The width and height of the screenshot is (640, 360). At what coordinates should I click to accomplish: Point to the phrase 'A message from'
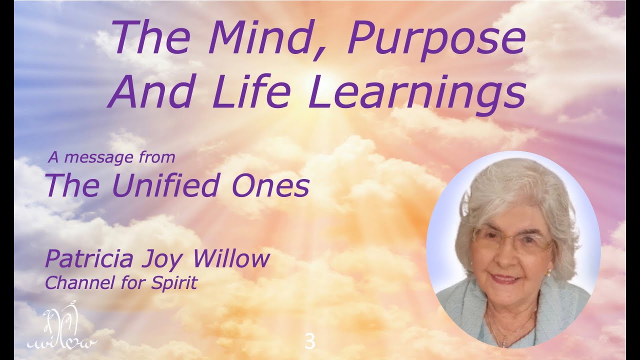click(111, 158)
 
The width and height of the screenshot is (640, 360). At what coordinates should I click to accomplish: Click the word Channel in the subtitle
click(75, 283)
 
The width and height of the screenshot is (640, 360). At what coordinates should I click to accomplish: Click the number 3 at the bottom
click(310, 342)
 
